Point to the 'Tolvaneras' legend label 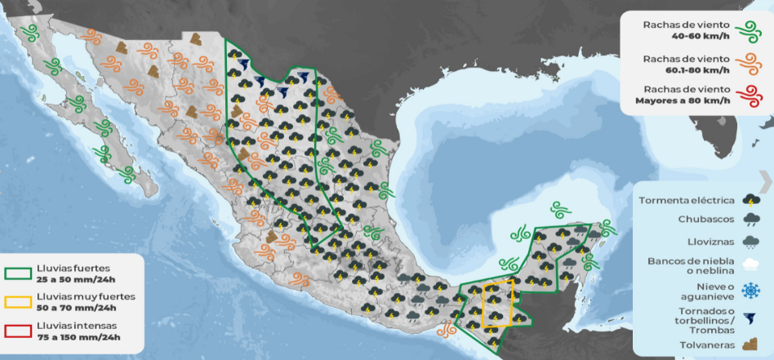706,345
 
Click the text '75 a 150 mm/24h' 78,336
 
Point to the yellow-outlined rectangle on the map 497,303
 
